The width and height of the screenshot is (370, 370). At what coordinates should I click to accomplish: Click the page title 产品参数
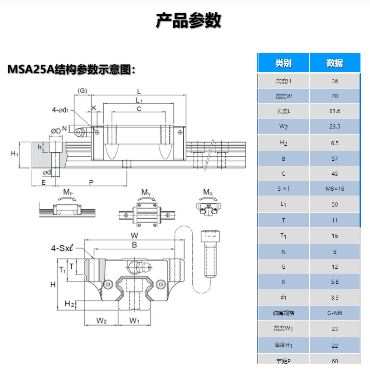pos(188,20)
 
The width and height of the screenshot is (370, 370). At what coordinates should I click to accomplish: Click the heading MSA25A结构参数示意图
pos(72,69)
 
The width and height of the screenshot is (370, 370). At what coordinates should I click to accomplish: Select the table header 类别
pos(283,63)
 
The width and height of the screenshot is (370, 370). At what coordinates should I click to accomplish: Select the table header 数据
pos(335,63)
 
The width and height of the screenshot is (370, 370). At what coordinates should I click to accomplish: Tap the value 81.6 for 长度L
pos(335,111)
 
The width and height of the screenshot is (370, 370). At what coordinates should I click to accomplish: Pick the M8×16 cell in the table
pos(335,188)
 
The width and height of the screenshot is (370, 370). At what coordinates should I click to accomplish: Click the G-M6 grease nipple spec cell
pos(335,313)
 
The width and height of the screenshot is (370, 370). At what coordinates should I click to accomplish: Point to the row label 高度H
pos(283,81)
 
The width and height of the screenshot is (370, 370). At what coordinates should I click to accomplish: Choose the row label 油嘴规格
pos(283,313)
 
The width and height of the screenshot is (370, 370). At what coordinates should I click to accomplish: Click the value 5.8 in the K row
pos(335,282)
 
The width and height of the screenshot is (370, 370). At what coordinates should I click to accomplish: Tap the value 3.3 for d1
pos(335,297)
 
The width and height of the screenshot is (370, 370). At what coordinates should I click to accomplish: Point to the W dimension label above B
pos(134,236)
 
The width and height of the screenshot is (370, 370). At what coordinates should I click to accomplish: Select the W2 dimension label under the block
pos(102,321)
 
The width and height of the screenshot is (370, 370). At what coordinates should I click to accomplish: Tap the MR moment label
pos(208,192)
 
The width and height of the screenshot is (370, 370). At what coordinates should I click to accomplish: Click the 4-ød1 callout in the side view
pos(60,110)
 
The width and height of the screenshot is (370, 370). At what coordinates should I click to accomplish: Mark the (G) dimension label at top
pos(82,91)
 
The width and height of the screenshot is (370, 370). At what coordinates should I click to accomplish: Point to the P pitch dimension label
pos(91,182)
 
